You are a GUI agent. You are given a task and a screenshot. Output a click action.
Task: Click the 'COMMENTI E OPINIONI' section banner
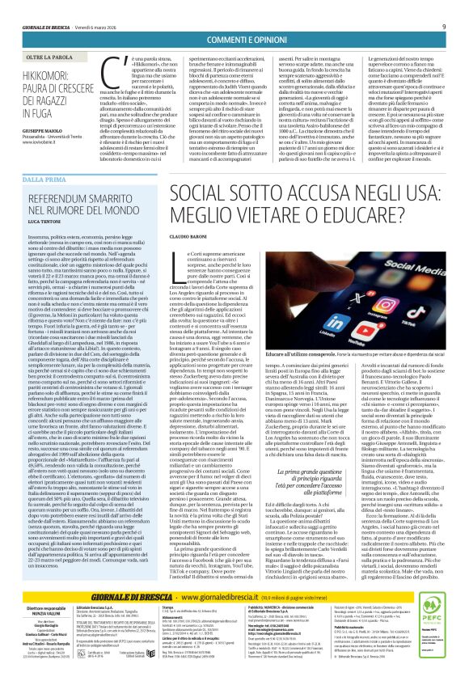click(234, 40)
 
